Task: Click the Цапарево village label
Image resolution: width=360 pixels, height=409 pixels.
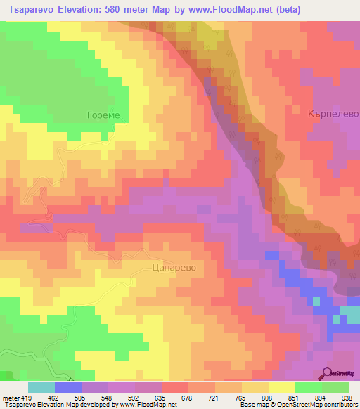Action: pos(173,268)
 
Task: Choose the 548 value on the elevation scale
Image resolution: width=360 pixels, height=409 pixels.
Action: pos(108,397)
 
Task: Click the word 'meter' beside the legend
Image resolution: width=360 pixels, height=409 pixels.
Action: pos(10,397)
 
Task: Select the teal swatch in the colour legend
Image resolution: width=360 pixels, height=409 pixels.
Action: pos(41,387)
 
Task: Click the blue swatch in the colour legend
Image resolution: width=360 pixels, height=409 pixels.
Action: pos(68,387)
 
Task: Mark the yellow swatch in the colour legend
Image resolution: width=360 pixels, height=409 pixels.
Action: pos(281,387)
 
